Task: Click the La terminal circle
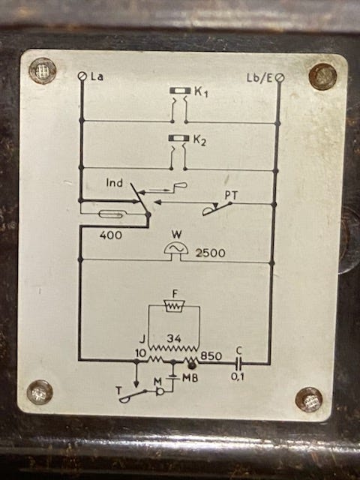(x=82, y=76)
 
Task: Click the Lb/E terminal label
(x=259, y=78)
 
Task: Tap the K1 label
(x=201, y=91)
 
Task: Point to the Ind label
(x=115, y=183)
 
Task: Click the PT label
(x=232, y=195)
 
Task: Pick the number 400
(x=110, y=235)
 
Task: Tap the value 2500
(x=210, y=253)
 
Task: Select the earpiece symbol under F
(x=175, y=305)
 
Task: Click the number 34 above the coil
(x=174, y=338)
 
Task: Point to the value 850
(x=211, y=356)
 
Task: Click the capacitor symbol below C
(x=239, y=364)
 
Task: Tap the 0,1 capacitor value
(x=237, y=376)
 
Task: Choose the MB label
(x=190, y=378)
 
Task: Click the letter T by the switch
(x=118, y=390)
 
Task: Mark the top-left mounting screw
(x=42, y=71)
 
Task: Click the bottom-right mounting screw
(x=309, y=400)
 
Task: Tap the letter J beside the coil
(x=142, y=339)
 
